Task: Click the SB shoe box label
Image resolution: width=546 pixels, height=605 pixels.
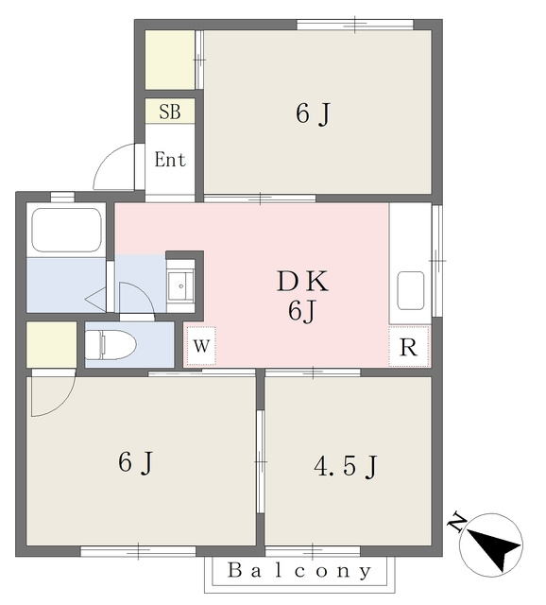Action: click(170, 112)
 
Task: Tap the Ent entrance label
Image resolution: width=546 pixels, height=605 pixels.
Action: click(170, 160)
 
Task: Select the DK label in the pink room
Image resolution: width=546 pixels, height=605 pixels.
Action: click(302, 282)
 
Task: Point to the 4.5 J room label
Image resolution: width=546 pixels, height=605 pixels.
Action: click(346, 466)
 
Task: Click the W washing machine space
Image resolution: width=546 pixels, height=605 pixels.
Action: click(201, 346)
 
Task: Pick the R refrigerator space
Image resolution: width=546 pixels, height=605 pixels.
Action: click(409, 347)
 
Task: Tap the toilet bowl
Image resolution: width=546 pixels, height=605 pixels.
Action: click(111, 344)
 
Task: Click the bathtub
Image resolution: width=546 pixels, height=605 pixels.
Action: click(66, 231)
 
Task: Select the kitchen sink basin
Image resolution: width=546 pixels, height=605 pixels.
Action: click(411, 290)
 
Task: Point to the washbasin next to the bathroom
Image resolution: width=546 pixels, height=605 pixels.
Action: click(180, 285)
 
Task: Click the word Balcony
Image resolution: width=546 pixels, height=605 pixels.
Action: click(299, 571)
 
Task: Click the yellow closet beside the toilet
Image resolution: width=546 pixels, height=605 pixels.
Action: click(51, 344)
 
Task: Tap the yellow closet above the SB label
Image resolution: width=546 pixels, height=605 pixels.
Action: click(170, 60)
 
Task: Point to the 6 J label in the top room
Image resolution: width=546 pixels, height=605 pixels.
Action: click(314, 114)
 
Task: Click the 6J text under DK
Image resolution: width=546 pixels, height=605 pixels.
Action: click(302, 311)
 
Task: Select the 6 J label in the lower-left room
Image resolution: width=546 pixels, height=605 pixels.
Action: click(136, 462)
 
